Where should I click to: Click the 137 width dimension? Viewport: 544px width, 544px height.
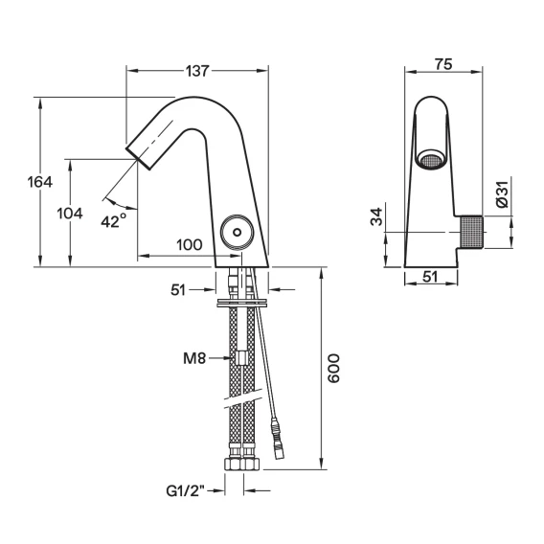197,71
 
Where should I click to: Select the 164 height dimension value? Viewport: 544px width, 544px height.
40,182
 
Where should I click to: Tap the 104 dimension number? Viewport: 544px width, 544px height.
70,214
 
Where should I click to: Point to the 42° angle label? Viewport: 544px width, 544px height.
114,220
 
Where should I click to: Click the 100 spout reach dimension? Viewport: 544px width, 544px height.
190,245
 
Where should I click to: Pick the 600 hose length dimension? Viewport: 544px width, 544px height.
333,368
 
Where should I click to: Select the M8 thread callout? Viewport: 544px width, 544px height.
194,358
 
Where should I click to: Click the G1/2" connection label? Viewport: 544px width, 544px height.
186,491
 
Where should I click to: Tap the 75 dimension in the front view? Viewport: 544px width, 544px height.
443,64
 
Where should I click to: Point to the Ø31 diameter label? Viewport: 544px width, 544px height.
502,193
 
